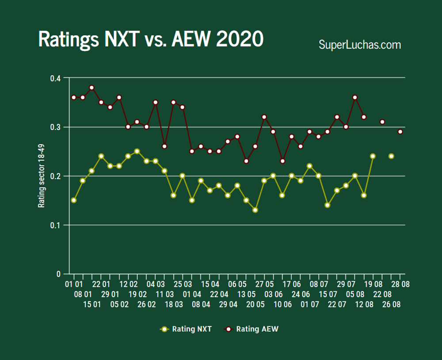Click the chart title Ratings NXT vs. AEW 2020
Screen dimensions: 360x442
pyautogui.click(x=151, y=39)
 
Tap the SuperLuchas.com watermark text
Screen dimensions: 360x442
pyautogui.click(x=360, y=45)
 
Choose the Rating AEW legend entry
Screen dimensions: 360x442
pyautogui.click(x=257, y=329)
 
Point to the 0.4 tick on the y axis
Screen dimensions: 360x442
pyautogui.click(x=56, y=78)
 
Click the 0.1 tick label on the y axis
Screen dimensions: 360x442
pyautogui.click(x=56, y=226)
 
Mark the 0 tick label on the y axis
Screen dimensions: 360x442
pyautogui.click(x=59, y=275)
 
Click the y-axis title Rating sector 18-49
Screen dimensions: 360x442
pyautogui.click(x=42, y=176)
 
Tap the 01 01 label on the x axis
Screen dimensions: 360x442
pyautogui.click(x=74, y=284)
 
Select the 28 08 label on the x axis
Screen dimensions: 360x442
pyautogui.click(x=400, y=284)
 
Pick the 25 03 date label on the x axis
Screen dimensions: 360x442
pyautogui.click(x=183, y=284)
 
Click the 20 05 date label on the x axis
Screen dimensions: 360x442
pyautogui.click(x=255, y=304)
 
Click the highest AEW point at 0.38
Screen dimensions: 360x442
pyautogui.click(x=92, y=88)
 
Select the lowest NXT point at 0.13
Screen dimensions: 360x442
pyautogui.click(x=255, y=210)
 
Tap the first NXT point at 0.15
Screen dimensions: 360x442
pyautogui.click(x=74, y=200)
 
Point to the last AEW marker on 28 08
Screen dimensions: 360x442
pyautogui.click(x=400, y=132)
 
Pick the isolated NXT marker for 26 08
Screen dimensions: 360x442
pyautogui.click(x=391, y=156)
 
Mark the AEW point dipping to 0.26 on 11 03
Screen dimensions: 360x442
pyautogui.click(x=164, y=146)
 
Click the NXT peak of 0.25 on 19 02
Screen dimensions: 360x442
pyautogui.click(x=137, y=151)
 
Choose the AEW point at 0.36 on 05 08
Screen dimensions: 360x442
pyautogui.click(x=355, y=97)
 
